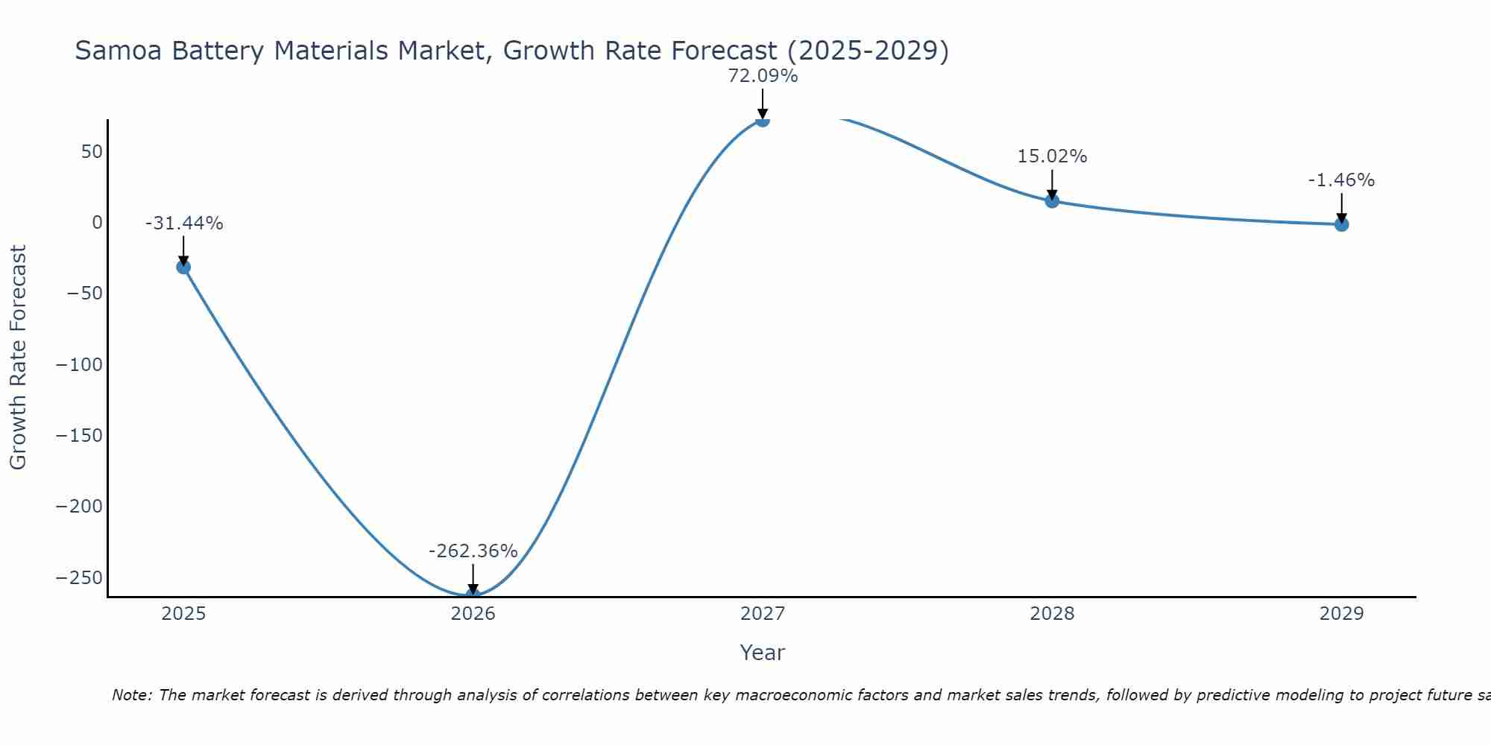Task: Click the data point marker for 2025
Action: [183, 267]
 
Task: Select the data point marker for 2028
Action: [1052, 200]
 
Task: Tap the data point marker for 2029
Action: [1341, 224]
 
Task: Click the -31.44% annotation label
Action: [184, 223]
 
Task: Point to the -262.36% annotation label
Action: [473, 551]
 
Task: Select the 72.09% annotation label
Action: [763, 76]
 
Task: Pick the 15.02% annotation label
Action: [1052, 156]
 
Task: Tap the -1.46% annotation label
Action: [1341, 180]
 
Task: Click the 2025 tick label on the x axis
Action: [183, 614]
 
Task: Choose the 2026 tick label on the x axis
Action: [473, 614]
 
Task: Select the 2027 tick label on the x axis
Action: [763, 614]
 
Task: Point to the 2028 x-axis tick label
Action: [1052, 614]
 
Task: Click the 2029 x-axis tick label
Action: [1341, 614]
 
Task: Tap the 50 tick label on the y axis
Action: [92, 152]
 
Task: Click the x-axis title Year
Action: [762, 653]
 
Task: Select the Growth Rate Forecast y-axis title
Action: [18, 358]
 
